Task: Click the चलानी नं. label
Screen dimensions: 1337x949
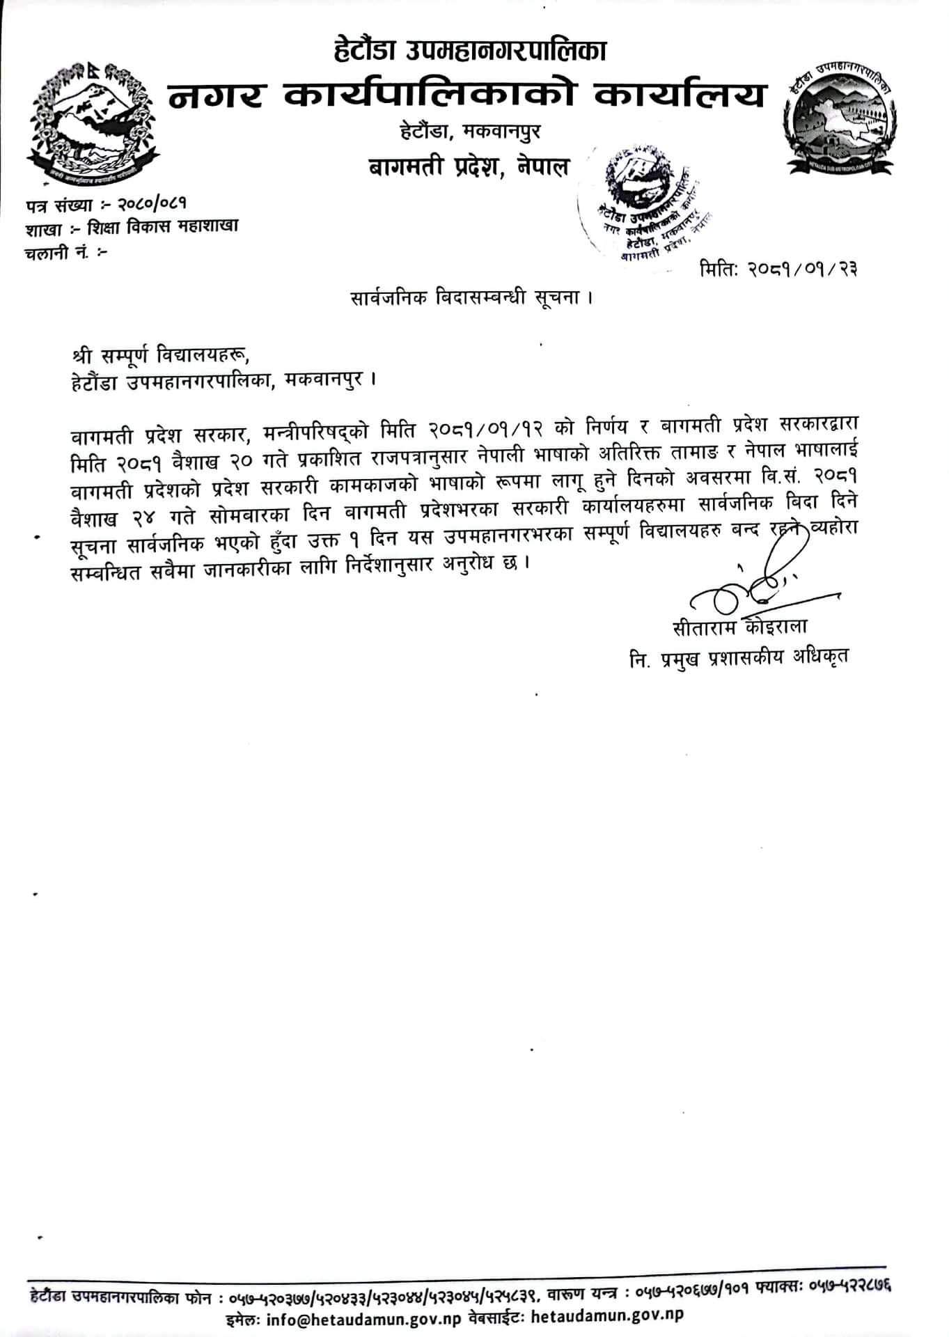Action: pyautogui.click(x=55, y=251)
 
